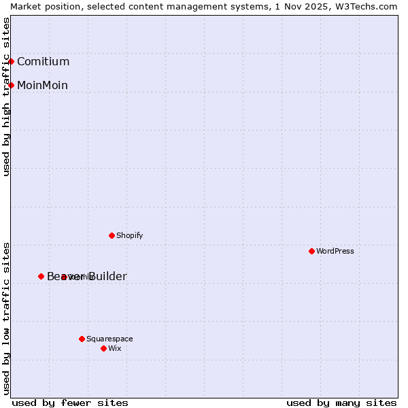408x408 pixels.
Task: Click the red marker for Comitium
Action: (x=11, y=62)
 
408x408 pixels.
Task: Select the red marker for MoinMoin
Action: (x=11, y=85)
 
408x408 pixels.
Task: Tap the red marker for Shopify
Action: (x=112, y=236)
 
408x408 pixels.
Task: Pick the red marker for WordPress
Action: (x=311, y=251)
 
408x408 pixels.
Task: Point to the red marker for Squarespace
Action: (x=82, y=339)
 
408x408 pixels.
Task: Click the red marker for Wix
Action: (x=103, y=348)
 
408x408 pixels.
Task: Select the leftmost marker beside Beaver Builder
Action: (x=41, y=276)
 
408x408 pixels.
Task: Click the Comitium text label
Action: (x=43, y=62)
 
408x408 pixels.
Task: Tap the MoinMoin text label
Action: (x=42, y=85)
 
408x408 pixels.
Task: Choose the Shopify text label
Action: (x=129, y=236)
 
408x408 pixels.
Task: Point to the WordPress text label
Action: (x=335, y=251)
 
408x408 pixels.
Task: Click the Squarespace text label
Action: (x=109, y=339)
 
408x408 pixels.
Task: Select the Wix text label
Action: (x=114, y=348)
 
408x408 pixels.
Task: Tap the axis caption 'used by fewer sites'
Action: (x=70, y=403)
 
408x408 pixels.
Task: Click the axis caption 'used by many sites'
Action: (x=341, y=403)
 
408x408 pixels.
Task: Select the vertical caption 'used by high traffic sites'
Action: (x=7, y=97)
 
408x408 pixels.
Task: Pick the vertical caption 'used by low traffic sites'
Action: (x=7, y=318)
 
